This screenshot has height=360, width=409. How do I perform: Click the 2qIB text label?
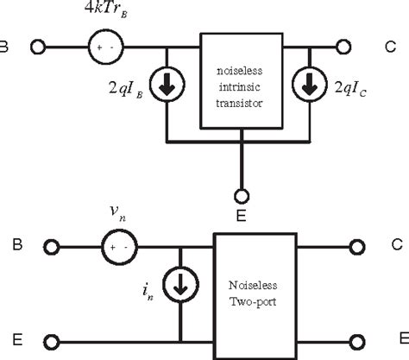point(126,89)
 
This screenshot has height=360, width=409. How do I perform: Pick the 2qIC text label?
point(350,88)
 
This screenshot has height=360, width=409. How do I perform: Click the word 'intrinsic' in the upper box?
point(240,86)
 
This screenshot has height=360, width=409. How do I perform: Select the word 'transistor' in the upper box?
point(239,103)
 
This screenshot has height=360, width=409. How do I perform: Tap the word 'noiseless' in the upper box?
point(240,71)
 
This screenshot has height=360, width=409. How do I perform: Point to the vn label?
point(118,212)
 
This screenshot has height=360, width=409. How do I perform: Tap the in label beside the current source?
point(148,291)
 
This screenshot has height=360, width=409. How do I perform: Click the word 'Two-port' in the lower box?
point(253,302)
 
